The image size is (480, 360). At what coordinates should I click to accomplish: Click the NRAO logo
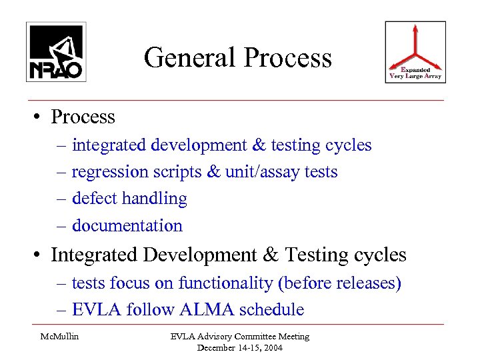pyautogui.click(x=56, y=52)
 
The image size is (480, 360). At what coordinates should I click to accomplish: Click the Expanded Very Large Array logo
pyautogui.click(x=415, y=52)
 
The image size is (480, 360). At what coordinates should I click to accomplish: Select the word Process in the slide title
pyautogui.click(x=287, y=58)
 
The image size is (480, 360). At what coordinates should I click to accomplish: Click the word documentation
pyautogui.click(x=127, y=226)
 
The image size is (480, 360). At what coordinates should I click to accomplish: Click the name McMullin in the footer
pyautogui.click(x=60, y=337)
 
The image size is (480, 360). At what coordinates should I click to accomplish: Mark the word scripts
pyautogui.click(x=181, y=172)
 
